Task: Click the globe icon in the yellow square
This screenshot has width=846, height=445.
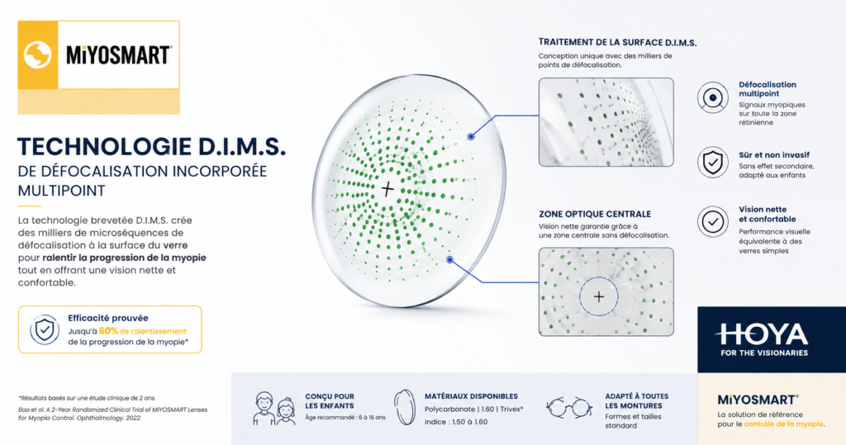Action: [38, 54]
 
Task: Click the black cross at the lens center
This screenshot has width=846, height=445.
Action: [387, 188]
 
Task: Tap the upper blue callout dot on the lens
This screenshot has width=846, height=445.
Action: [471, 136]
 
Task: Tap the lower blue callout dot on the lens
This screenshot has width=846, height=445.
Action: [450, 260]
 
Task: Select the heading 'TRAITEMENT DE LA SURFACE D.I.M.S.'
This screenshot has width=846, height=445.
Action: [617, 42]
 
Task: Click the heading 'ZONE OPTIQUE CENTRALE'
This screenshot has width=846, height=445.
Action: [595, 214]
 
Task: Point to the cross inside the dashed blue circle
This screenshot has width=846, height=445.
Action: [599, 296]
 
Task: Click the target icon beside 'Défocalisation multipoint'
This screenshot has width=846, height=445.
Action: [713, 97]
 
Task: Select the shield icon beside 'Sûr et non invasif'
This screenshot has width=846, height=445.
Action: [713, 162]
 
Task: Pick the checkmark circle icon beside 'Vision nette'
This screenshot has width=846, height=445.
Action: [713, 222]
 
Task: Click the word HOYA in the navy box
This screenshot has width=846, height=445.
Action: [762, 334]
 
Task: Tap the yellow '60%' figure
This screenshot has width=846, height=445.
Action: [108, 330]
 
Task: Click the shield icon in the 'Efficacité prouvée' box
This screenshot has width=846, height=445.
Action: [45, 329]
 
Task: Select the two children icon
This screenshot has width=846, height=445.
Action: [274, 409]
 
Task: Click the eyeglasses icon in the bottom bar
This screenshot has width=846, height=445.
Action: [568, 407]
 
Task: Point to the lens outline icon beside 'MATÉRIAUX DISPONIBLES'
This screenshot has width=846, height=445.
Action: [404, 409]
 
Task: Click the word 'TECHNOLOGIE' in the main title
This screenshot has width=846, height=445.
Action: [105, 147]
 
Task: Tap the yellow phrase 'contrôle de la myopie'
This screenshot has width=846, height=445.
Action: [784, 424]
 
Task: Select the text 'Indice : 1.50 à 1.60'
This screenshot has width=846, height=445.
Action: [456, 422]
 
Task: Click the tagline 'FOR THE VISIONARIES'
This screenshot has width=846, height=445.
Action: [764, 353]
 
